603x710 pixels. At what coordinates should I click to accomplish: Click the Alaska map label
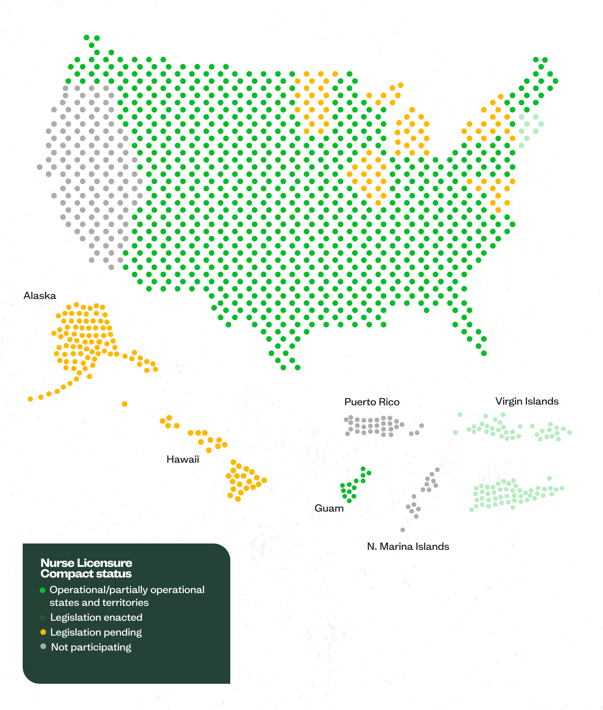(x=40, y=295)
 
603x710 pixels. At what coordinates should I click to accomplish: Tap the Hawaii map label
(x=183, y=459)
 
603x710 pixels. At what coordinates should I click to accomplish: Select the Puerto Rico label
(x=372, y=402)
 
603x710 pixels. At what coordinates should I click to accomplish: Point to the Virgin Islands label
(x=527, y=401)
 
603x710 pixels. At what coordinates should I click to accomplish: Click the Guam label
(x=329, y=508)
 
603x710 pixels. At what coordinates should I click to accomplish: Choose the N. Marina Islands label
(x=408, y=546)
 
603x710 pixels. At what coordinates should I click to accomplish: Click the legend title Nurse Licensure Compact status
(x=86, y=568)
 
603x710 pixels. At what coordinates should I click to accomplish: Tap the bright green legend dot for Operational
(x=43, y=590)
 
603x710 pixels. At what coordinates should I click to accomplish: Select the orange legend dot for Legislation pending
(x=43, y=632)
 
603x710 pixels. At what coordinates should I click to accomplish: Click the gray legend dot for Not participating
(x=43, y=647)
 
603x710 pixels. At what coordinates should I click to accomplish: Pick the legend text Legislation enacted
(x=96, y=617)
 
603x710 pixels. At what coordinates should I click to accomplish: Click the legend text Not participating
(x=91, y=647)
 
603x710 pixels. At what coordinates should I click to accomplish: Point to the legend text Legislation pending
(x=96, y=632)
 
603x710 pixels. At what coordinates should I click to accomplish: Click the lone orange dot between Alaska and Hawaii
(x=124, y=404)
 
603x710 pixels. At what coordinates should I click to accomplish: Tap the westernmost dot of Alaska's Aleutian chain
(x=30, y=399)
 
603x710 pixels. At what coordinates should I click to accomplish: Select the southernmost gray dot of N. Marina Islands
(x=402, y=530)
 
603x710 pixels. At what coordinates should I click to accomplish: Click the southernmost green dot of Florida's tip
(x=484, y=353)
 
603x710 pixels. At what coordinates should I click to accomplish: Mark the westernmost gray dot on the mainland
(x=40, y=167)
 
